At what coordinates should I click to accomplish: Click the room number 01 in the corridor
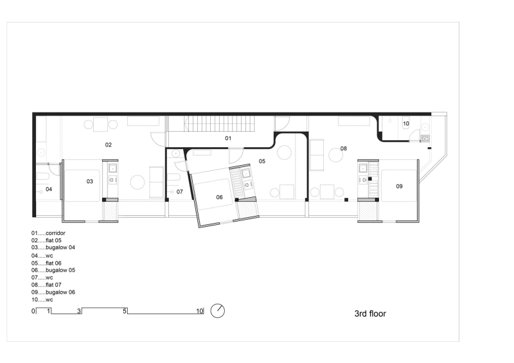pos(227,138)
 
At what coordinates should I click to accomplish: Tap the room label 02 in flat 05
pos(109,145)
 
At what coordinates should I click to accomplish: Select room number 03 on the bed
pos(90,182)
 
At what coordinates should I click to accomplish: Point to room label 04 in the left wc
pos(48,189)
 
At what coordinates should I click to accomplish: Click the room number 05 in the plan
pos(262,161)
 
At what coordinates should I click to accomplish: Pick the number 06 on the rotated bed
pos(219,197)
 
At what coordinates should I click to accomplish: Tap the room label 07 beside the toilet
pos(180,191)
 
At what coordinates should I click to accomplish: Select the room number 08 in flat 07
pos(343,148)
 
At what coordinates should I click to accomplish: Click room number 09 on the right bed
pos(399,186)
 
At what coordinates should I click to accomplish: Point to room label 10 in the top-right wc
pos(405,123)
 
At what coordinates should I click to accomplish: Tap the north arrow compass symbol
pos(218,310)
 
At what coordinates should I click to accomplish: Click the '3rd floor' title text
pos(370,314)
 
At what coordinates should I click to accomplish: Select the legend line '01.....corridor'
pos(49,233)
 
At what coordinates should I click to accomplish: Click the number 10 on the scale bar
pos(200,311)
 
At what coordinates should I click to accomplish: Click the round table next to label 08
pos(335,155)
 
